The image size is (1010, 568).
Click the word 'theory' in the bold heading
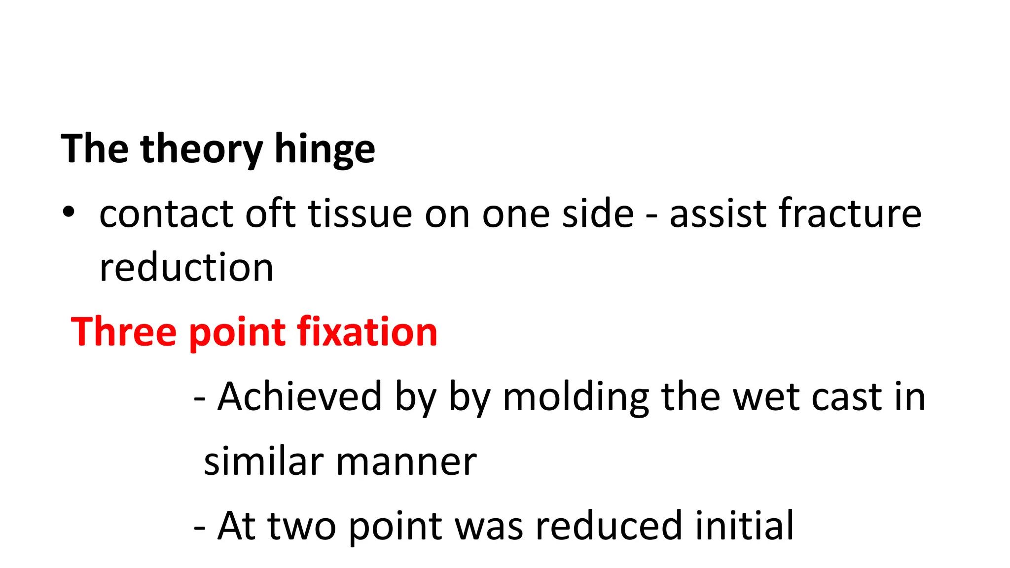(x=201, y=149)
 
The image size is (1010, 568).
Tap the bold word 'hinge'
(x=325, y=149)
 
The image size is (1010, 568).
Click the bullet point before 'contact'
(x=69, y=213)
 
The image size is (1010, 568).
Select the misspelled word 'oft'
(x=271, y=214)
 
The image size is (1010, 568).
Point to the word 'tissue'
(x=360, y=214)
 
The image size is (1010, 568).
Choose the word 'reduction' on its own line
(x=186, y=268)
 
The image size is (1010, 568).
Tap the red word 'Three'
(x=124, y=332)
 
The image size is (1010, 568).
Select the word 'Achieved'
(x=300, y=396)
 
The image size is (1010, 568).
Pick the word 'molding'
(x=576, y=397)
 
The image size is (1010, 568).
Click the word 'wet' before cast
(x=764, y=396)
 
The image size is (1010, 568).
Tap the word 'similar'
(x=262, y=461)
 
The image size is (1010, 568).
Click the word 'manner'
(x=406, y=462)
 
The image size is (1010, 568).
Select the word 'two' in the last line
(x=302, y=526)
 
